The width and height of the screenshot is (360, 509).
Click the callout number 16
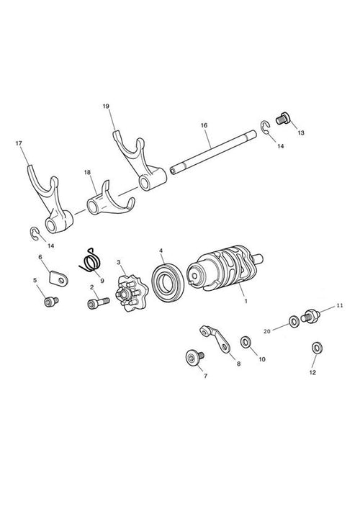click(204, 125)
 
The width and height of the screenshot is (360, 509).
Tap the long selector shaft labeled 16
click(213, 153)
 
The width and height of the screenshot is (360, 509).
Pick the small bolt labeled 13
click(283, 118)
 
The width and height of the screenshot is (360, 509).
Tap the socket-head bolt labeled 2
click(99, 303)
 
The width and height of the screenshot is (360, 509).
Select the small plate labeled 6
click(58, 278)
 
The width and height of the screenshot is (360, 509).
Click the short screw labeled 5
click(51, 302)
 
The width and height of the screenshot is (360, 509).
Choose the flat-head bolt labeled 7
click(194, 357)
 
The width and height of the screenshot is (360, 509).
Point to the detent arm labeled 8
click(215, 338)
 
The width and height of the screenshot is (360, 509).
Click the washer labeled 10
click(246, 342)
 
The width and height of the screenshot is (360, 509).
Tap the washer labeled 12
click(317, 348)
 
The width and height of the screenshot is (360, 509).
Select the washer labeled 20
click(294, 322)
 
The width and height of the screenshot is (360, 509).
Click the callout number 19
click(106, 106)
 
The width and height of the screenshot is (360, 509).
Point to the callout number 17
click(19, 143)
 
